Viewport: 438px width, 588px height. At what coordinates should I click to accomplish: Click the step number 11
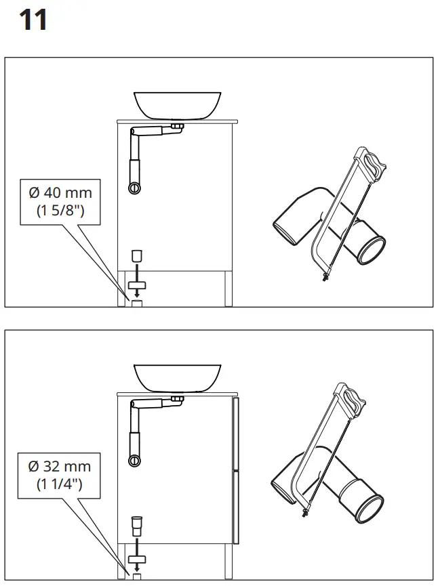(x=33, y=20)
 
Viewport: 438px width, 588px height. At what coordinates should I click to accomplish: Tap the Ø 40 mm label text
(x=60, y=194)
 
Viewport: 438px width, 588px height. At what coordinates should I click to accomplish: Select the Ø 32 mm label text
(x=60, y=467)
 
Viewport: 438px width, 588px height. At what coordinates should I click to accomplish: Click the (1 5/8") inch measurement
(x=60, y=211)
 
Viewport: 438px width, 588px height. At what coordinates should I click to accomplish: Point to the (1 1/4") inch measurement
(x=60, y=484)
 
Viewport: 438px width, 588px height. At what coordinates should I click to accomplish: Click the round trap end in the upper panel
(x=135, y=187)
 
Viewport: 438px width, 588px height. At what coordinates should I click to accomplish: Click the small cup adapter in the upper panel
(x=136, y=255)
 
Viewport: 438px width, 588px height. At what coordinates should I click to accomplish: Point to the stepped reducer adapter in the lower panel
(x=137, y=524)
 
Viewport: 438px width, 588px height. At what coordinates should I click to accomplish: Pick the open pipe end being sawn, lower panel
(x=372, y=513)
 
